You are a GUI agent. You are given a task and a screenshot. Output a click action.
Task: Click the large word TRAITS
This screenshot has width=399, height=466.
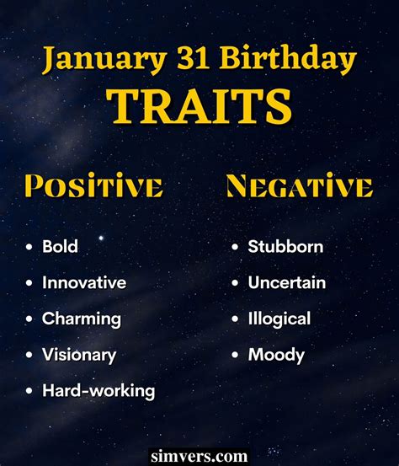[x=199, y=107]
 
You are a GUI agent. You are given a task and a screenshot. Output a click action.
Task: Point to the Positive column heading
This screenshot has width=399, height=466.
[x=93, y=186]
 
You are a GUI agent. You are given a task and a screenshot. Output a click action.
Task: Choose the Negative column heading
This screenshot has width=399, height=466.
[x=299, y=186]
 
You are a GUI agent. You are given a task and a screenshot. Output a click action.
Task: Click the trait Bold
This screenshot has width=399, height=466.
[x=61, y=247]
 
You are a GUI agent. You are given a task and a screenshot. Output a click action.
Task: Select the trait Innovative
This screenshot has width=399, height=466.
[x=84, y=283]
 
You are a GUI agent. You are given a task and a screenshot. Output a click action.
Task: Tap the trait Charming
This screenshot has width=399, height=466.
[x=82, y=319]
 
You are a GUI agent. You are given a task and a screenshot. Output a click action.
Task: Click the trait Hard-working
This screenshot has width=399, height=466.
[x=98, y=391]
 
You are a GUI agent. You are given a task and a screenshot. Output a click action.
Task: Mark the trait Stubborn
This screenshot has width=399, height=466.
[x=285, y=247]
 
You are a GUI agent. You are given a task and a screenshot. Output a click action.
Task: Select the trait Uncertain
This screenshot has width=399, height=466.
[x=286, y=283]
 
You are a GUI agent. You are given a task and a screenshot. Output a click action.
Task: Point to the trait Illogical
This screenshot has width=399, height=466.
[x=279, y=319]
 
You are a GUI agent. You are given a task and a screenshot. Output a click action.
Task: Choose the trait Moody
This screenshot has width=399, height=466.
[x=276, y=355]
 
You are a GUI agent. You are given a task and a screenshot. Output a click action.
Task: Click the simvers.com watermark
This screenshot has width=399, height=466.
[x=199, y=456]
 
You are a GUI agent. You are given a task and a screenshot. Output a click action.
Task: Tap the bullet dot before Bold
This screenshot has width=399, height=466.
[x=29, y=248]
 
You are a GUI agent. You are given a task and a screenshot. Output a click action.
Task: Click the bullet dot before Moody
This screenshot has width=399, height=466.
[x=236, y=356]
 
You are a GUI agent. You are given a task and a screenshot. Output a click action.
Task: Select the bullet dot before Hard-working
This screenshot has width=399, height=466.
[x=29, y=391]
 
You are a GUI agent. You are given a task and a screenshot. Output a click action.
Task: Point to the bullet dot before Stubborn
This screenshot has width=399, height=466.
[x=236, y=248]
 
